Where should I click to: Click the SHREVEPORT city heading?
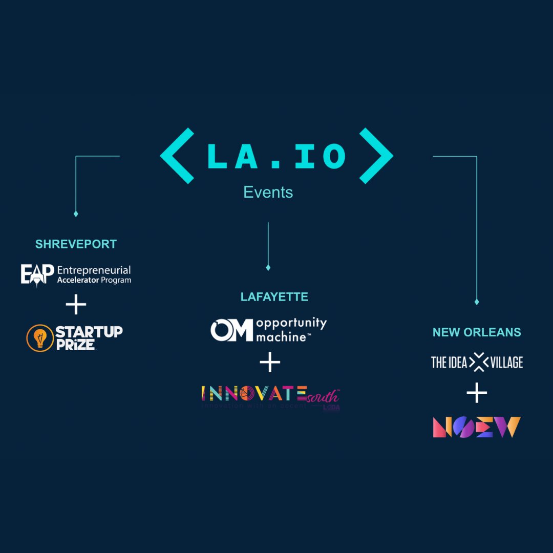[x=76, y=244]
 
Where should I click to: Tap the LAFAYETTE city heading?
[x=274, y=297]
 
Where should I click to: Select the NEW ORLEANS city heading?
[x=477, y=332]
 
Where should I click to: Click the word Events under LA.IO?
[x=268, y=193]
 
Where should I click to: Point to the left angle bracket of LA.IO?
[x=177, y=156]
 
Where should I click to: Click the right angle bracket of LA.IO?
[x=376, y=156]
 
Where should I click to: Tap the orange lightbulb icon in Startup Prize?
[x=40, y=338]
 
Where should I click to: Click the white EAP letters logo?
[x=37, y=275]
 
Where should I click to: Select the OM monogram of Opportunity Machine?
[x=232, y=330]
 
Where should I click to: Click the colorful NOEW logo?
[x=477, y=427]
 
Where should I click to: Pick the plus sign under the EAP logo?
[x=76, y=305]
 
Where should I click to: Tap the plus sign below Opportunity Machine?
[x=270, y=363]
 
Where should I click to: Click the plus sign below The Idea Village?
[x=477, y=393]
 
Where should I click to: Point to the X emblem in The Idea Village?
[x=477, y=363]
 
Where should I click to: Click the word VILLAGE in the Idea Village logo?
[x=505, y=363]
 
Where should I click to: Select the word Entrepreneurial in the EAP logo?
[x=94, y=270]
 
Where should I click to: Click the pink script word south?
[x=323, y=395]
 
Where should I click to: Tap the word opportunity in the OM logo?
[x=291, y=324]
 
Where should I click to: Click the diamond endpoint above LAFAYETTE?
[x=268, y=267]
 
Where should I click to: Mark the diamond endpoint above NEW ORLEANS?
[x=477, y=302]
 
